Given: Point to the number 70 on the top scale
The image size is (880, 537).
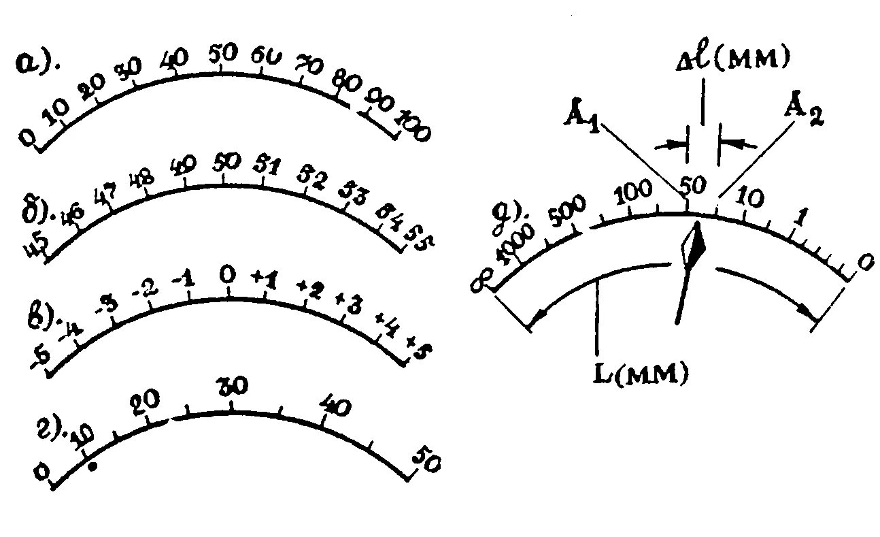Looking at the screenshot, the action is point(309,65).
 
